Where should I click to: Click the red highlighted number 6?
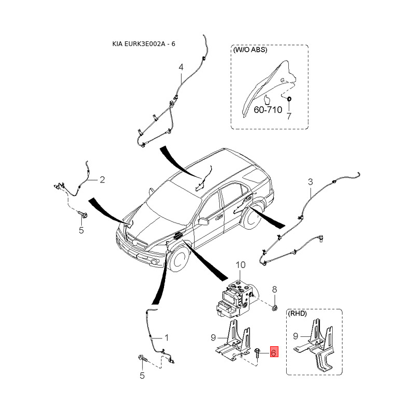click(x=274, y=351)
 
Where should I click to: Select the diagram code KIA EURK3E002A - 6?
click(x=144, y=44)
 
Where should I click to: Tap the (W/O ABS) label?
click(x=250, y=49)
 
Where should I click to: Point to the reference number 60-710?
click(x=268, y=109)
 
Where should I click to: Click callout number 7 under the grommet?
click(x=289, y=116)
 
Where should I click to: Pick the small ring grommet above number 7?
click(x=289, y=99)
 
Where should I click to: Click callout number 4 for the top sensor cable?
click(x=181, y=67)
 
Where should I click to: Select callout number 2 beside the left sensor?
click(x=102, y=180)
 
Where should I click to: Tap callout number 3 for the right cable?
click(x=310, y=182)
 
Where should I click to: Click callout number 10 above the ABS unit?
click(x=240, y=264)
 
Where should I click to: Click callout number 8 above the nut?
click(x=275, y=289)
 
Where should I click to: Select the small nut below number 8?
click(x=275, y=307)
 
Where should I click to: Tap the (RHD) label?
click(x=297, y=314)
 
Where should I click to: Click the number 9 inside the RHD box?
click(x=295, y=336)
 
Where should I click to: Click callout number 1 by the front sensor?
click(x=166, y=337)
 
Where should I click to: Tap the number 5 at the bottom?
click(x=142, y=376)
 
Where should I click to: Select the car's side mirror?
click(x=203, y=221)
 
